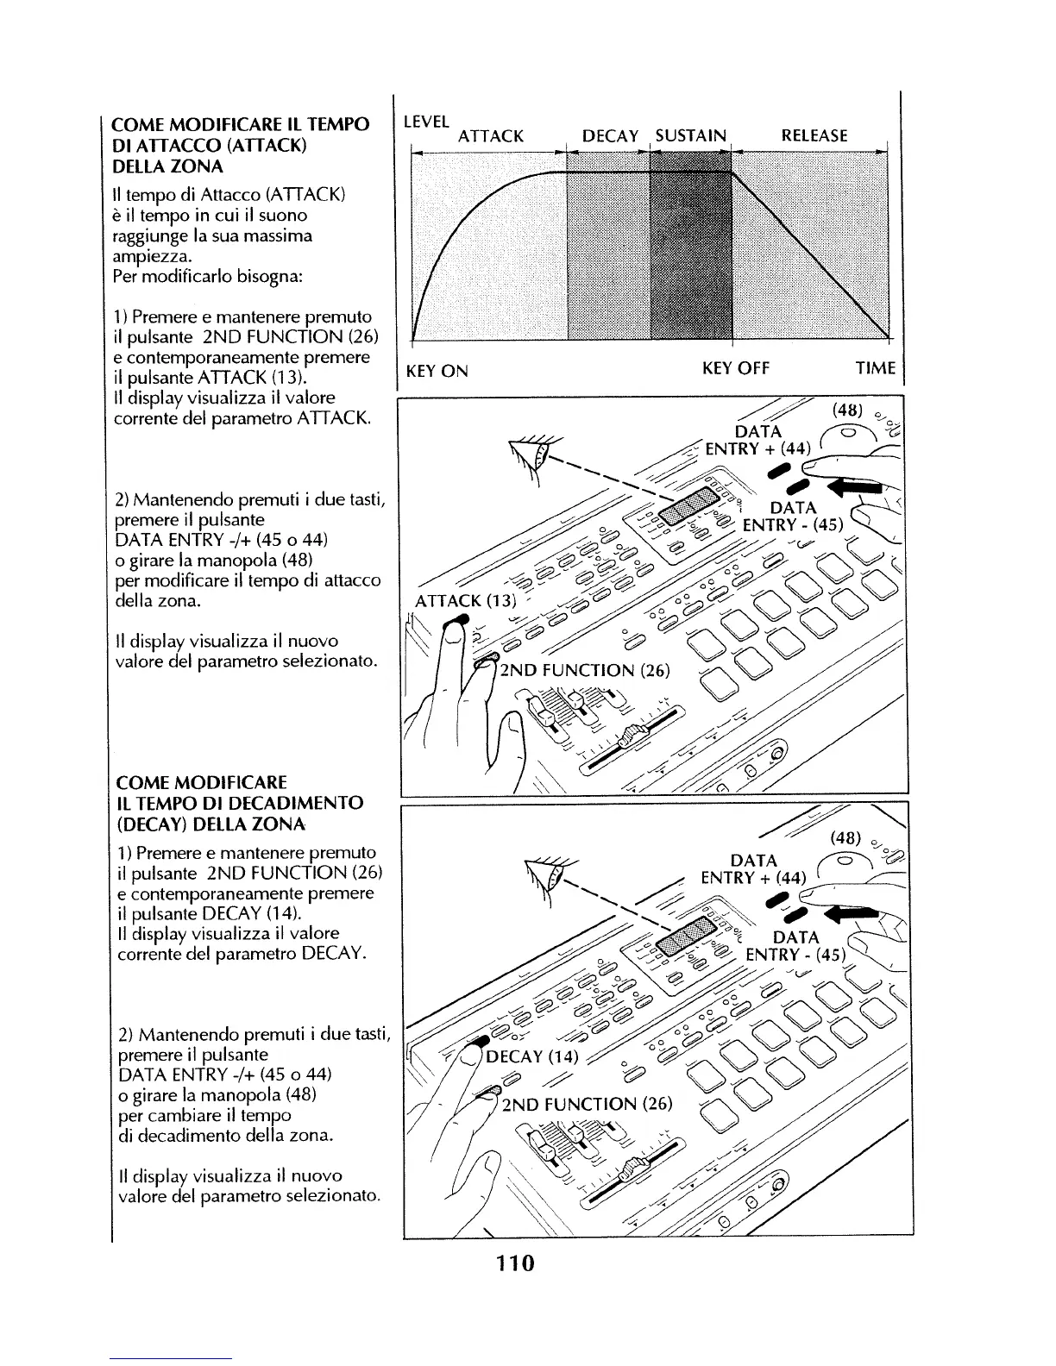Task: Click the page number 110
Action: coord(515,1264)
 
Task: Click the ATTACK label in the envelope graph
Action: coord(490,136)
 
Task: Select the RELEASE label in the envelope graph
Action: coord(814,135)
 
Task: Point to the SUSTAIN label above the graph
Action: coord(691,135)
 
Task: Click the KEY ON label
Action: coord(437,372)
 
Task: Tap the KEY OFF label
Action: coord(735,369)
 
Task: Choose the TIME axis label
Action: coord(875,369)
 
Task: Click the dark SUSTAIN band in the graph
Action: coord(690,250)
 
